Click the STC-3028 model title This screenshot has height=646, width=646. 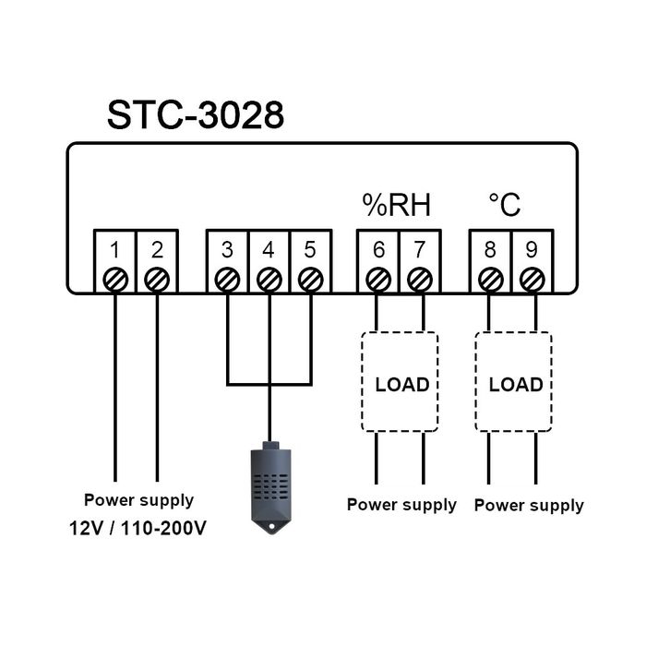pos(195,115)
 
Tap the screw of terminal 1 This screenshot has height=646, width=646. pos(115,278)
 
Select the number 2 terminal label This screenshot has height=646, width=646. pos(157,249)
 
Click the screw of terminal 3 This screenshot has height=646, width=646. pos(227,278)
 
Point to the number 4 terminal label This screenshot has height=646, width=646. pos(269,249)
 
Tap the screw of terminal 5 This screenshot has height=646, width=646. pos(311,278)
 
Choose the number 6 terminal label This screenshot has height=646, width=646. pos(378,249)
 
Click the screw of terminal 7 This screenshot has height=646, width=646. pos(421,278)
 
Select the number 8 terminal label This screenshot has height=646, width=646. pos(491,249)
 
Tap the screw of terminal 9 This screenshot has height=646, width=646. pos(532,278)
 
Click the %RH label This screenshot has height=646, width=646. pos(396,204)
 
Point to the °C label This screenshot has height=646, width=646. pos(504,204)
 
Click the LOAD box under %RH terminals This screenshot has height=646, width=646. pos(400,383)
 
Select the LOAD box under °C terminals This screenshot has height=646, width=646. pos(513,383)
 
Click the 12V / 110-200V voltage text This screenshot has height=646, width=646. pos(138,531)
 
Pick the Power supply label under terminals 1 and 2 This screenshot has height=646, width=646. pos(138,500)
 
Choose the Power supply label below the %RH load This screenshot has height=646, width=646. pos(401,505)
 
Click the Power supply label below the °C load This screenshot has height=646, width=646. pos(529,505)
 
